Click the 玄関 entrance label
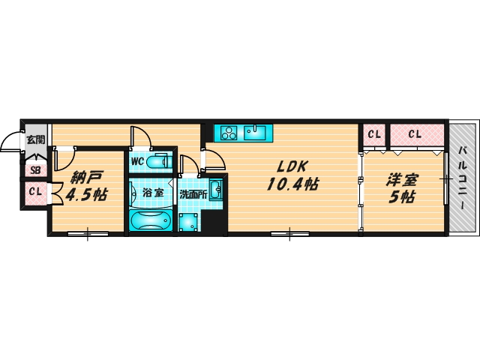coord(35,139)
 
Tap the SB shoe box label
coord(35,170)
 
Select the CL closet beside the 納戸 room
coord(35,193)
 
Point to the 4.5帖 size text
coord(86,195)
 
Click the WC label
coord(137,161)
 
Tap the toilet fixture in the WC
coord(157,161)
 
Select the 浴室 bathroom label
coord(153,193)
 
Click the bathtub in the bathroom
coord(150,220)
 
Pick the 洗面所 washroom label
coord(193,194)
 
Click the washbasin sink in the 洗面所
coord(215,190)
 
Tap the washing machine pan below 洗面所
coord(188,222)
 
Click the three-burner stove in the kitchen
coord(229,133)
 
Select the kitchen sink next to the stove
coord(254,133)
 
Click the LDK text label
coord(291,166)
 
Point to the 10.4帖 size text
coord(292,184)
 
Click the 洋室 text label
coord(402,180)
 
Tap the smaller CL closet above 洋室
coord(374,135)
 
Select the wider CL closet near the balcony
coord(416,135)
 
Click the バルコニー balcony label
coord(463,178)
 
